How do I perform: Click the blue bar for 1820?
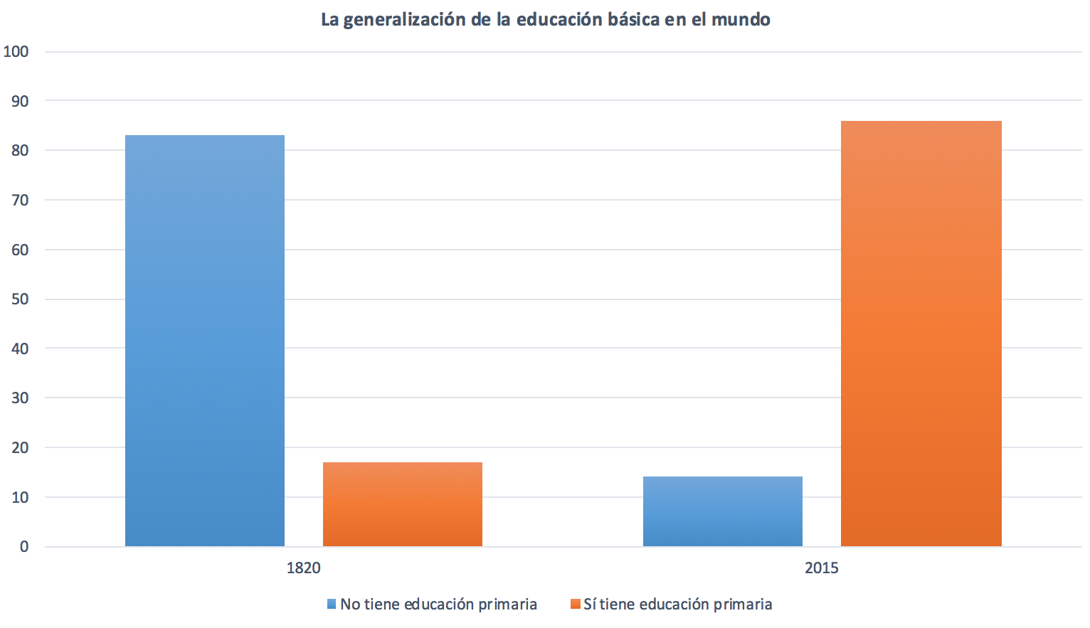coord(205,341)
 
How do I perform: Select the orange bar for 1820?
coord(403,504)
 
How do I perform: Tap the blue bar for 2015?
coord(723,511)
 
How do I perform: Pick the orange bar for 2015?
coord(921,334)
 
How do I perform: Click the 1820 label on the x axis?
coord(304,568)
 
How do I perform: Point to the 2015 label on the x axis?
coord(822,568)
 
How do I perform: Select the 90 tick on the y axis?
coord(20,101)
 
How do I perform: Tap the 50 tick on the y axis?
coord(20,299)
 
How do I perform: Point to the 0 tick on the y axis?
coord(24,546)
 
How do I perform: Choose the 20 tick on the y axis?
coord(20,447)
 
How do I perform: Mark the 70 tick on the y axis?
coord(20,200)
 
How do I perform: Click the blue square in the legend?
coord(332,605)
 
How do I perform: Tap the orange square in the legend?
coord(576,605)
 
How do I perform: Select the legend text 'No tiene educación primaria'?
coord(438,605)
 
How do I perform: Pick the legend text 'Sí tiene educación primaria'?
coord(677,605)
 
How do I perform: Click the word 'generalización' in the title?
coord(404,20)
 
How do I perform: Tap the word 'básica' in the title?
coord(633,20)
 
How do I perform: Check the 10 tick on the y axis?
coord(20,497)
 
